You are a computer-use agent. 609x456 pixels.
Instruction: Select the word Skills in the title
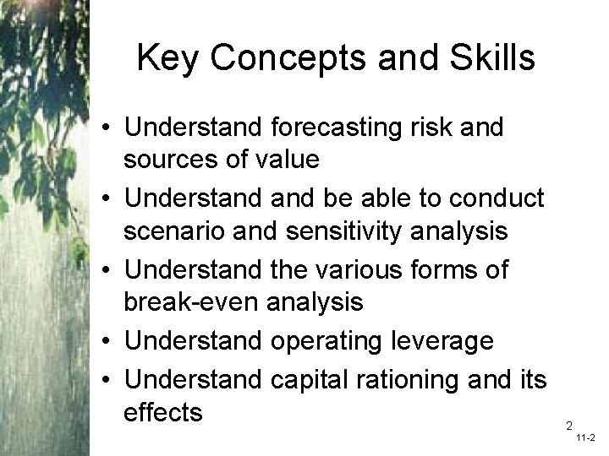[x=492, y=58]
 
